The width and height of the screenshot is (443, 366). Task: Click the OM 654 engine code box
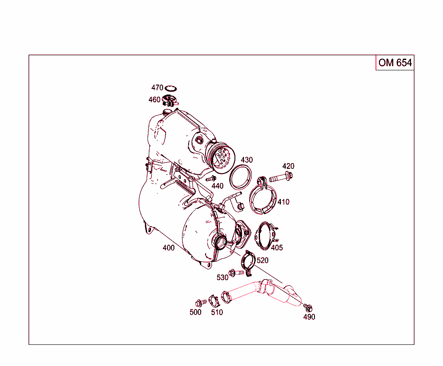[x=395, y=63]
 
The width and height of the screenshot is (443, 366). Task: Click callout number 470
[x=157, y=88]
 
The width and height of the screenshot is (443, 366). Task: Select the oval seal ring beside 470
[x=171, y=88]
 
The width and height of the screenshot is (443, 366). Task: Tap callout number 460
[x=154, y=100]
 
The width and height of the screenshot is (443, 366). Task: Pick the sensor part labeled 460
[x=170, y=102]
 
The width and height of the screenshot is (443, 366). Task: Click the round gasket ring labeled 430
[x=241, y=177]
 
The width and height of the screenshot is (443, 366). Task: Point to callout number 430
[x=247, y=160]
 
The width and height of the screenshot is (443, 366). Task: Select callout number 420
[x=288, y=166]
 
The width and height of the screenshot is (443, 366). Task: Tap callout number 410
[x=283, y=202]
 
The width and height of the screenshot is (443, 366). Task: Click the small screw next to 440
[x=212, y=178]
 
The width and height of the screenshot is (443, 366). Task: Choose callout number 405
[x=277, y=248]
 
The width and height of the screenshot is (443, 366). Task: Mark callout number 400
[x=168, y=248]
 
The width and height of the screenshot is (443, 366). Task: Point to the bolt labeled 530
[x=233, y=272]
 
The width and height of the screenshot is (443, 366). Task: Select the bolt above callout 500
[x=199, y=303]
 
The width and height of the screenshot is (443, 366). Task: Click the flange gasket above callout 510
[x=212, y=300]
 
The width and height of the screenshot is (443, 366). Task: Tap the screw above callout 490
[x=308, y=307]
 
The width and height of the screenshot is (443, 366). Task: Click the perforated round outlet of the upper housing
[x=223, y=157]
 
